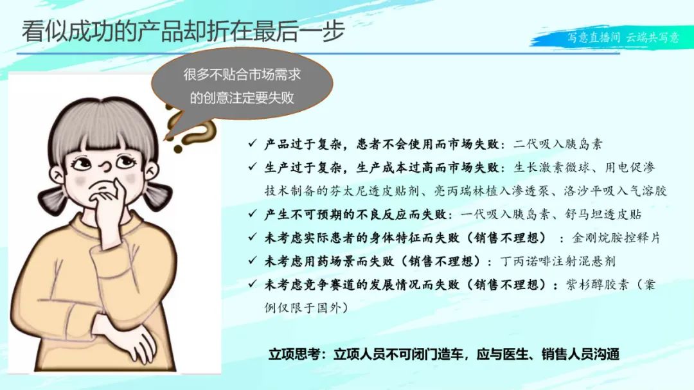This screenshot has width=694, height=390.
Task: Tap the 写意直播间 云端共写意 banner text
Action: click(623, 37)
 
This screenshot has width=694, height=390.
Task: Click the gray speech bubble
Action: click(242, 85)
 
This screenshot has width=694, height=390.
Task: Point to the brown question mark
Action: click(189, 129)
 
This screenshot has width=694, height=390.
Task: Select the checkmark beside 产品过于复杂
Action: click(253, 143)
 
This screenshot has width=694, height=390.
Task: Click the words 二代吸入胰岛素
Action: click(558, 144)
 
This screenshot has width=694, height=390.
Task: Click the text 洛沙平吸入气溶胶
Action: click(615, 191)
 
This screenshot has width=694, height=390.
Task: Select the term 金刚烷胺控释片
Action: click(616, 238)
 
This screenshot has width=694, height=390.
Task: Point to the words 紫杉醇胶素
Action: click(597, 284)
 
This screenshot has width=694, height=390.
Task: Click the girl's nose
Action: click(105, 166)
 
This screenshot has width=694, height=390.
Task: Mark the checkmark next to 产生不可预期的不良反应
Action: click(253, 213)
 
